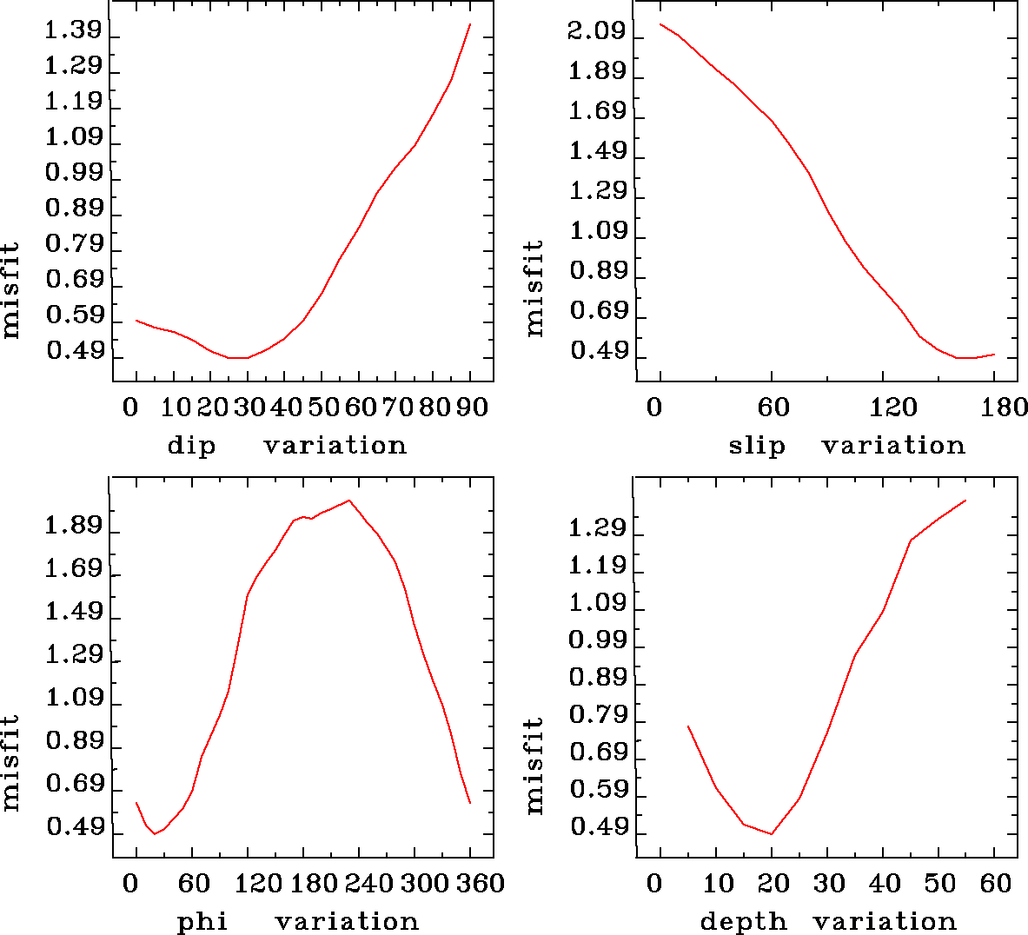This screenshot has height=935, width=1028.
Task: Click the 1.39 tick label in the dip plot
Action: coord(73,31)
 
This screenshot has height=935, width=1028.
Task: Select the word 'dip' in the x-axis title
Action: coord(191,446)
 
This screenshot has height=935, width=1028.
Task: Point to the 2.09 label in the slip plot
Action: coord(596,31)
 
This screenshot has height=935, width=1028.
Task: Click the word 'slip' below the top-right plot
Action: coord(756,446)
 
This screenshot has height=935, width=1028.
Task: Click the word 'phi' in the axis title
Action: coord(202,922)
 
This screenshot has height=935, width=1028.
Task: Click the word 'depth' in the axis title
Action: coord(743,922)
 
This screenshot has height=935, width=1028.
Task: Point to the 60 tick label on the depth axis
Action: coord(996,884)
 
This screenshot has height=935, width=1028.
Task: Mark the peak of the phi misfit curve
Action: coord(348,501)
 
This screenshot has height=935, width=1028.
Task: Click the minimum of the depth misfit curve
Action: coord(772,834)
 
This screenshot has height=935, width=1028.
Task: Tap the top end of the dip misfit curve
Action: coord(470,24)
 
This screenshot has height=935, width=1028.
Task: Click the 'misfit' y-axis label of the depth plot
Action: coord(534,766)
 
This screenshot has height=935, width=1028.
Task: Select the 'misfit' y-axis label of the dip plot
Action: coord(10,289)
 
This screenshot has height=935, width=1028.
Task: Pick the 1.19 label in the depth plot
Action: coord(596,567)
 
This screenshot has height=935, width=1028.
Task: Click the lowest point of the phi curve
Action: coord(156,834)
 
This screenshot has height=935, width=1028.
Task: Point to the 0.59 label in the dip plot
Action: coord(73,315)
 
